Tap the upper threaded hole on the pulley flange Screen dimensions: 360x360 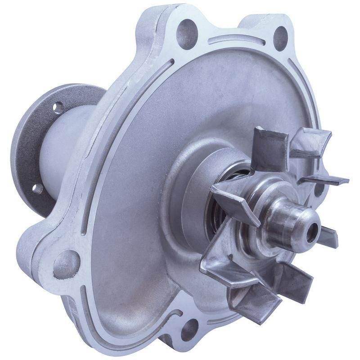pos(58,107)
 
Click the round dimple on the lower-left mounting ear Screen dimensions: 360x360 pos(66,263)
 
